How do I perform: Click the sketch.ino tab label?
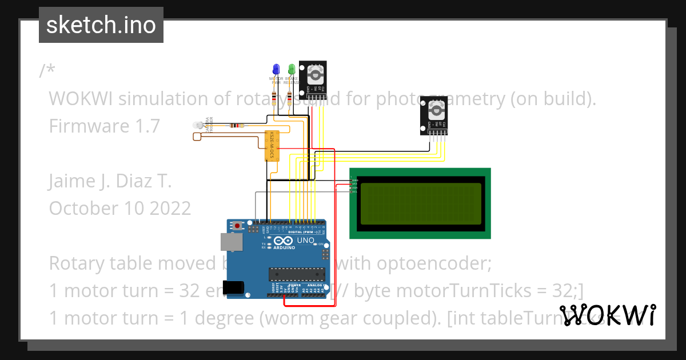(101, 25)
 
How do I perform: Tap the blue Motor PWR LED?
(276, 69)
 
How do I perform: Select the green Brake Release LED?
(292, 69)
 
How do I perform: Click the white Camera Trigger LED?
(198, 125)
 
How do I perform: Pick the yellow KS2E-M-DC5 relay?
(272, 146)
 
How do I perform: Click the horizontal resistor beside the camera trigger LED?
(236, 125)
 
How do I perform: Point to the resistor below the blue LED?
(277, 96)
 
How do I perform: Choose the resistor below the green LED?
(290, 96)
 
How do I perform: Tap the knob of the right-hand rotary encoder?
(434, 109)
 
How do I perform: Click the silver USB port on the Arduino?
(232, 242)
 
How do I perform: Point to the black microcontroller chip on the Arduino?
(297, 274)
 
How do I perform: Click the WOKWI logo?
(607, 315)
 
